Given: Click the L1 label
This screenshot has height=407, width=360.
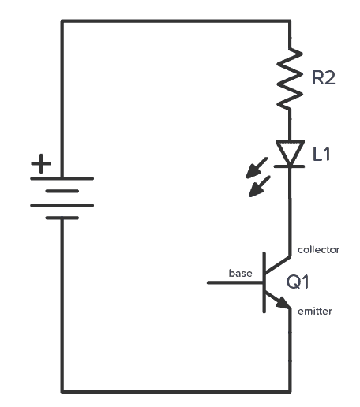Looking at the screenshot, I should [x=323, y=155].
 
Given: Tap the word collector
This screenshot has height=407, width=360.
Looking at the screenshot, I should [x=318, y=250].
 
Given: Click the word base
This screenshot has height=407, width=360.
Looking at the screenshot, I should [x=241, y=274].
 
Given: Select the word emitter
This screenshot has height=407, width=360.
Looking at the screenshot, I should [x=315, y=312].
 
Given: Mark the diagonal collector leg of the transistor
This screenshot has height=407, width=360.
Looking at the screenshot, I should [x=278, y=266].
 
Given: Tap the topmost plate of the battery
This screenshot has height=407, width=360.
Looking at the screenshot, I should [x=62, y=178].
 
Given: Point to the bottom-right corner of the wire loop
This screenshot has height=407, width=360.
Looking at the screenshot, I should [x=291, y=390].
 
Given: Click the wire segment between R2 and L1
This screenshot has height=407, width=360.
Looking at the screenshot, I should [x=291, y=124].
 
